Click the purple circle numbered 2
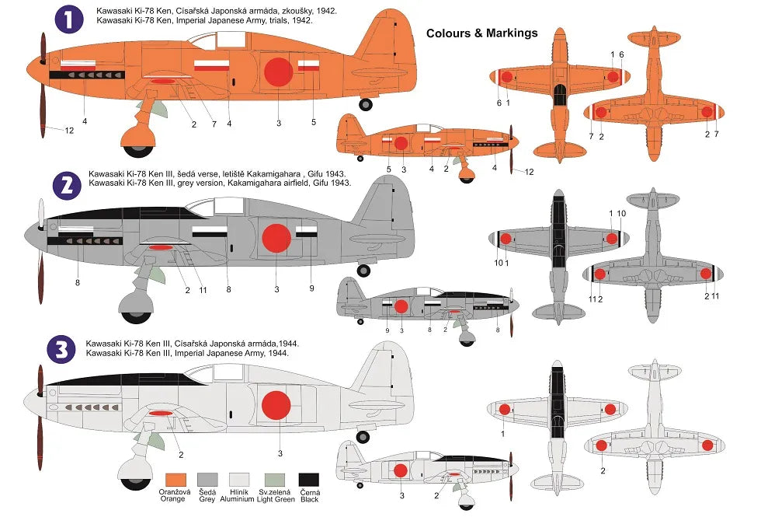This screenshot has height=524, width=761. [68, 184]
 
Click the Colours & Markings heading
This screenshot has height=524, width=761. [481, 33]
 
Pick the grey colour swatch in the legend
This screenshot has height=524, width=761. [207, 479]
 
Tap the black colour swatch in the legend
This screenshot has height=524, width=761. [309, 479]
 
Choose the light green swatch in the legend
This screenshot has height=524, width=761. [275, 479]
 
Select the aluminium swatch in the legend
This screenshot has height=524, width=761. [242, 479]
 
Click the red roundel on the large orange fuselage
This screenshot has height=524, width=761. [278, 72]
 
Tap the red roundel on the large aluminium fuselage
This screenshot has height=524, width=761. [276, 404]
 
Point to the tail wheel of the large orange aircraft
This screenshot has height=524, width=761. [365, 104]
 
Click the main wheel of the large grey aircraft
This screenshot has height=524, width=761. [137, 311]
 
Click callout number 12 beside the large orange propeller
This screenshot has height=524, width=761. [69, 131]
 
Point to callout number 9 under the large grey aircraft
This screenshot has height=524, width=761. [311, 289]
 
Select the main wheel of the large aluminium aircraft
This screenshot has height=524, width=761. [134, 476]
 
